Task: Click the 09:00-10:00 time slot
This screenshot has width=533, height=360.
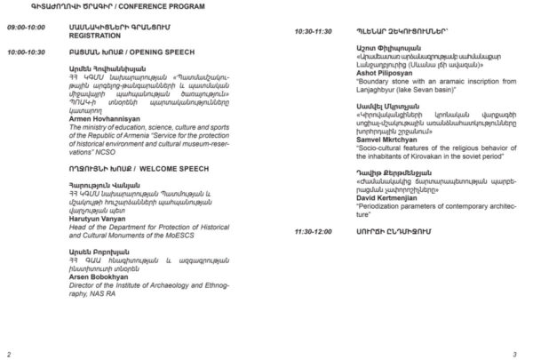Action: coord(26,28)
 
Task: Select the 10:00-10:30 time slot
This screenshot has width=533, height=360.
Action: coord(28,52)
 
